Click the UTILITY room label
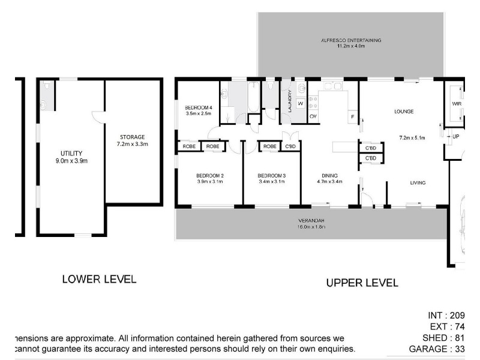(x=71, y=153)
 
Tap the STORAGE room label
(x=132, y=137)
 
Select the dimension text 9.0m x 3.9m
(x=71, y=161)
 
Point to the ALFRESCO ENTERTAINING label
(x=351, y=40)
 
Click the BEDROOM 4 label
(x=199, y=107)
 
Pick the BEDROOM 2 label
(x=209, y=175)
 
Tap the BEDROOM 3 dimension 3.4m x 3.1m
(x=271, y=182)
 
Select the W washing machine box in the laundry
(x=299, y=103)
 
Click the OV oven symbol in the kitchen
(x=313, y=116)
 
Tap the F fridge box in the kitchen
(x=352, y=115)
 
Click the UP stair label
(x=455, y=136)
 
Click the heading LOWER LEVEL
(x=100, y=279)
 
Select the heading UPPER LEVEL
(x=362, y=283)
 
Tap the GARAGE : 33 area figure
(x=436, y=348)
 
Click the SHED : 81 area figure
(x=441, y=337)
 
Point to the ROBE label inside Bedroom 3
(x=270, y=146)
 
